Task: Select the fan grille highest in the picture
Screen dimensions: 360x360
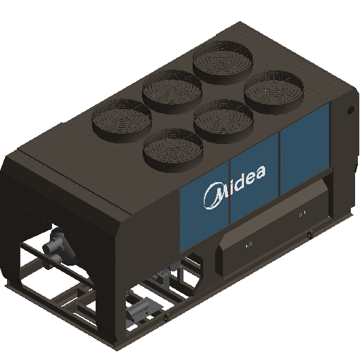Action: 223,62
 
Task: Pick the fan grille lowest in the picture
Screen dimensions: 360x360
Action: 173,150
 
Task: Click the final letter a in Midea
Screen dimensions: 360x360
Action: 259,172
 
